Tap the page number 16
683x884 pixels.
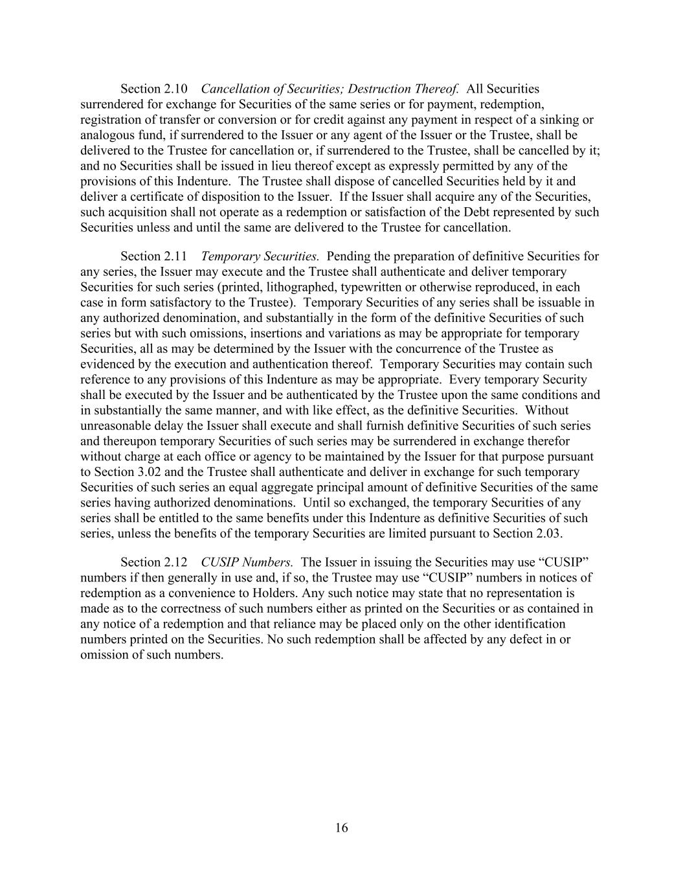tap(342, 828)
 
